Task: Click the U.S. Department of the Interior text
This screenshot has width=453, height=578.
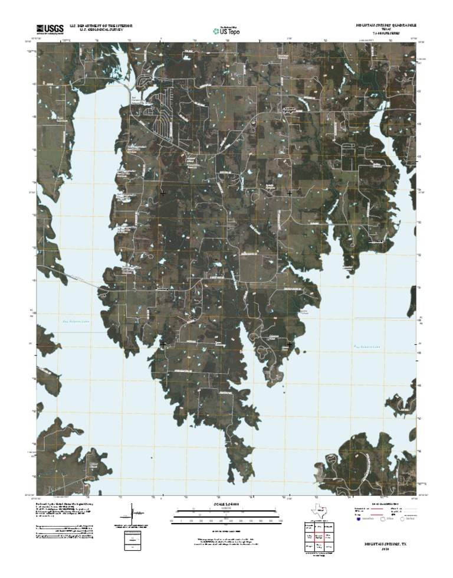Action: click(101, 26)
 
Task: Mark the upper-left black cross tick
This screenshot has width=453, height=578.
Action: click(163, 193)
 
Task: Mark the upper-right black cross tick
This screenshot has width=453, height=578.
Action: click(290, 193)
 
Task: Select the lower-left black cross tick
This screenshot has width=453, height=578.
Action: click(163, 344)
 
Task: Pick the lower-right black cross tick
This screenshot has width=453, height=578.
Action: click(290, 344)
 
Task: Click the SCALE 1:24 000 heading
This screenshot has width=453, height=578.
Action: click(226, 504)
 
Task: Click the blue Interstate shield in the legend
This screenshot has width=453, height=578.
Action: click(358, 520)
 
